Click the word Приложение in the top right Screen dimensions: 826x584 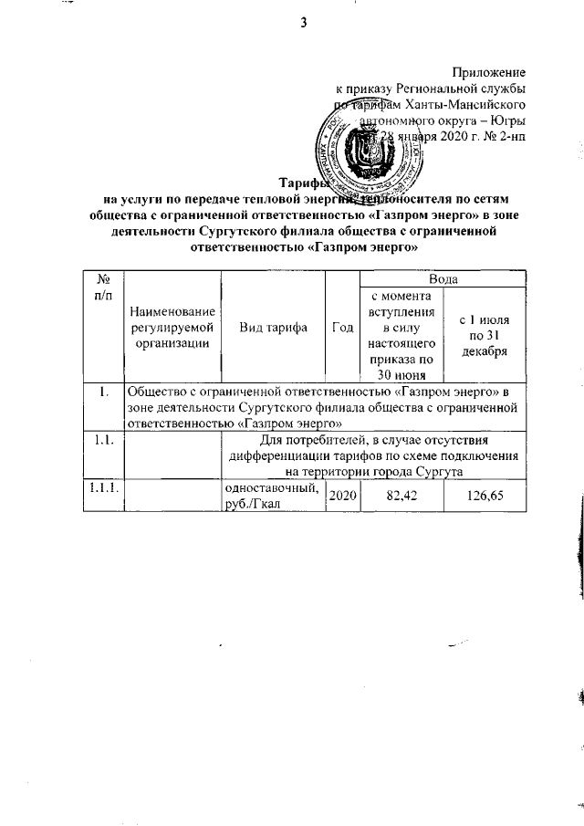490,70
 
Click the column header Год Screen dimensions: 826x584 343,328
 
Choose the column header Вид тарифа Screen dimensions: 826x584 273,328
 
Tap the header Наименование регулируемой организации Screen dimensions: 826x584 171,328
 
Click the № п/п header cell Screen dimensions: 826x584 103,285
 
